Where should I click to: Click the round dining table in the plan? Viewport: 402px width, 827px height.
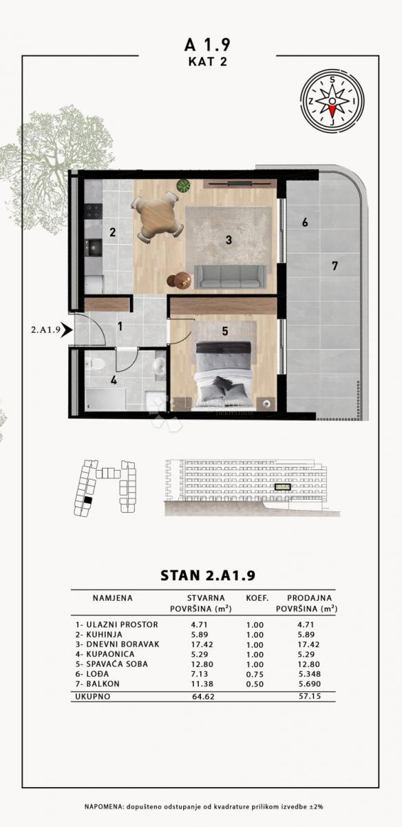pos(156,218)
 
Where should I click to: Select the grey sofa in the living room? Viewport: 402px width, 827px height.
pos(227,276)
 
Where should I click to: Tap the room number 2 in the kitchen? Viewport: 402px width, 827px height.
pos(112,232)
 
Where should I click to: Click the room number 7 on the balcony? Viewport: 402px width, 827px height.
pos(335,266)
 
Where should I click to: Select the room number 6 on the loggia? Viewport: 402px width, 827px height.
pos(304,223)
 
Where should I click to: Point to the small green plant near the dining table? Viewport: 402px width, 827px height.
pos(183,185)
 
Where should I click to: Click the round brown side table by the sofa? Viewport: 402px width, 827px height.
pos(180,280)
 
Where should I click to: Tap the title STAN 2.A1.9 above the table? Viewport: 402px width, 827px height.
pos(207,575)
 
